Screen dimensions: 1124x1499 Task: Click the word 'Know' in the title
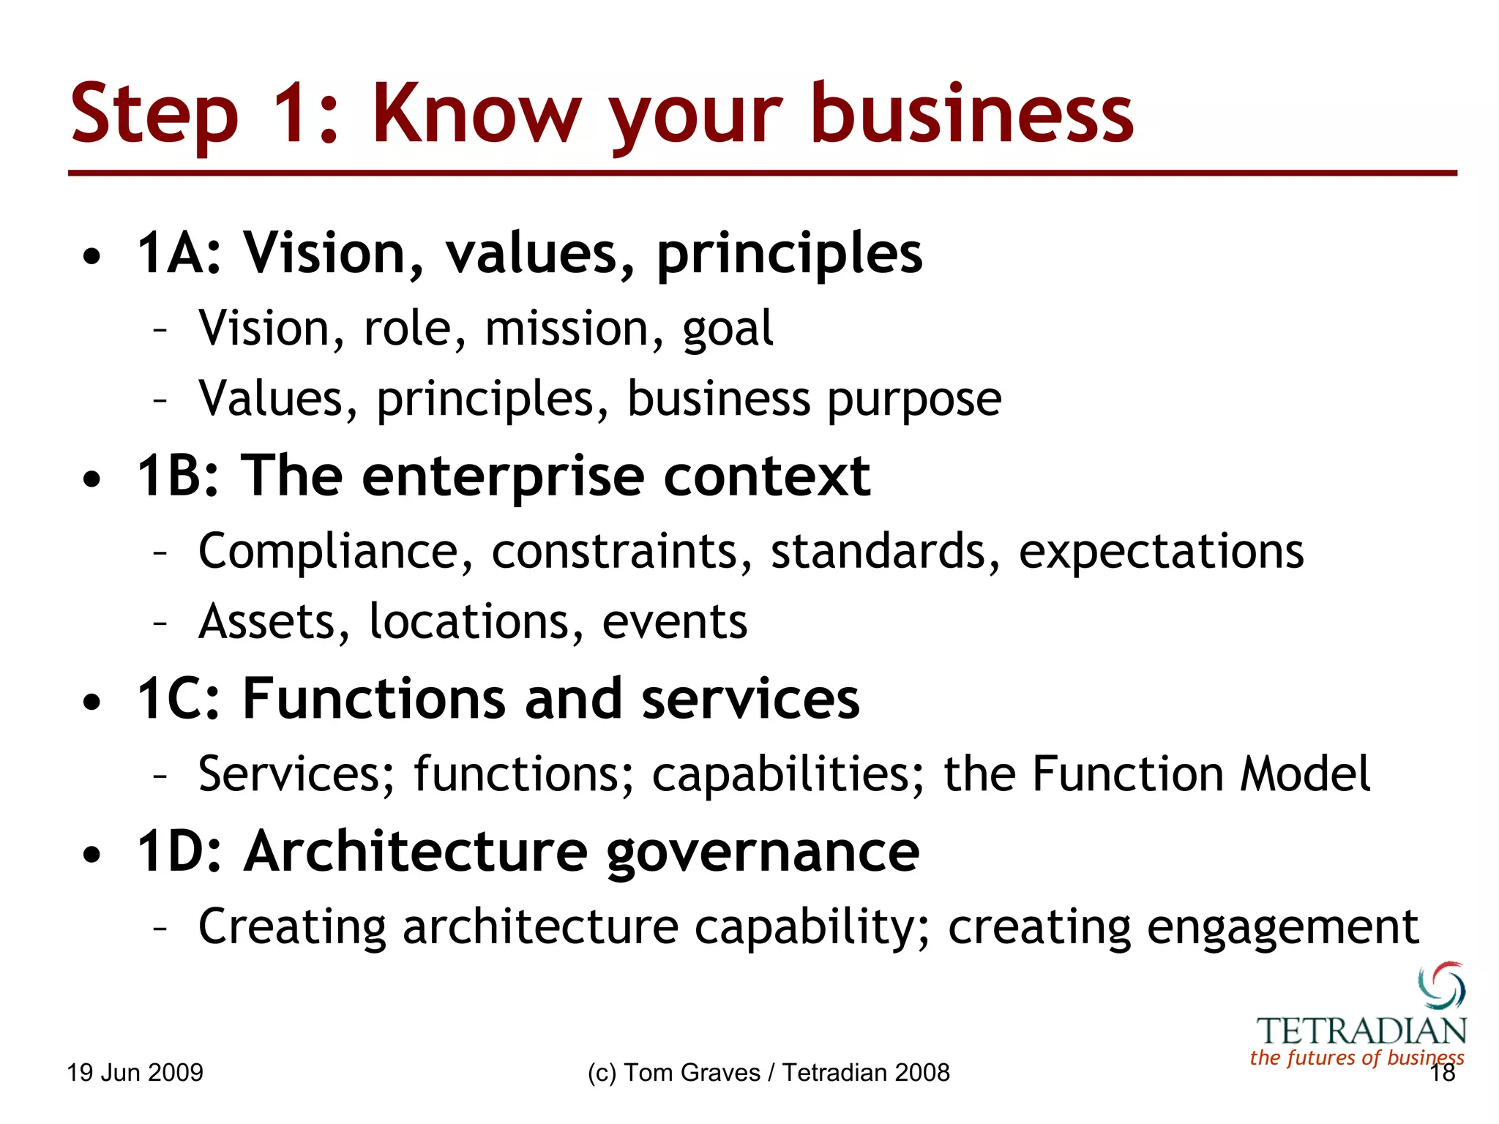coord(476,113)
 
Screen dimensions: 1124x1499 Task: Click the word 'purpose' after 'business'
coord(914,400)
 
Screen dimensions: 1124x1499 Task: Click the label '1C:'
coord(179,700)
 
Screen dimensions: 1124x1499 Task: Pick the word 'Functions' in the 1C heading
coord(373,700)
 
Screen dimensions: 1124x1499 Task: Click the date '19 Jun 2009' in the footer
coord(135,1073)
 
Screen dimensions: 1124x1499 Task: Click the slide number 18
coord(1443,1074)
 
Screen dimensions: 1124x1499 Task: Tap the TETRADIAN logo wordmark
coord(1361,1031)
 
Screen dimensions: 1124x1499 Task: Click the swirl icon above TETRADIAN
coord(1442,985)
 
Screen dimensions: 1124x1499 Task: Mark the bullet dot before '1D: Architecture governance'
coord(91,854)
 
